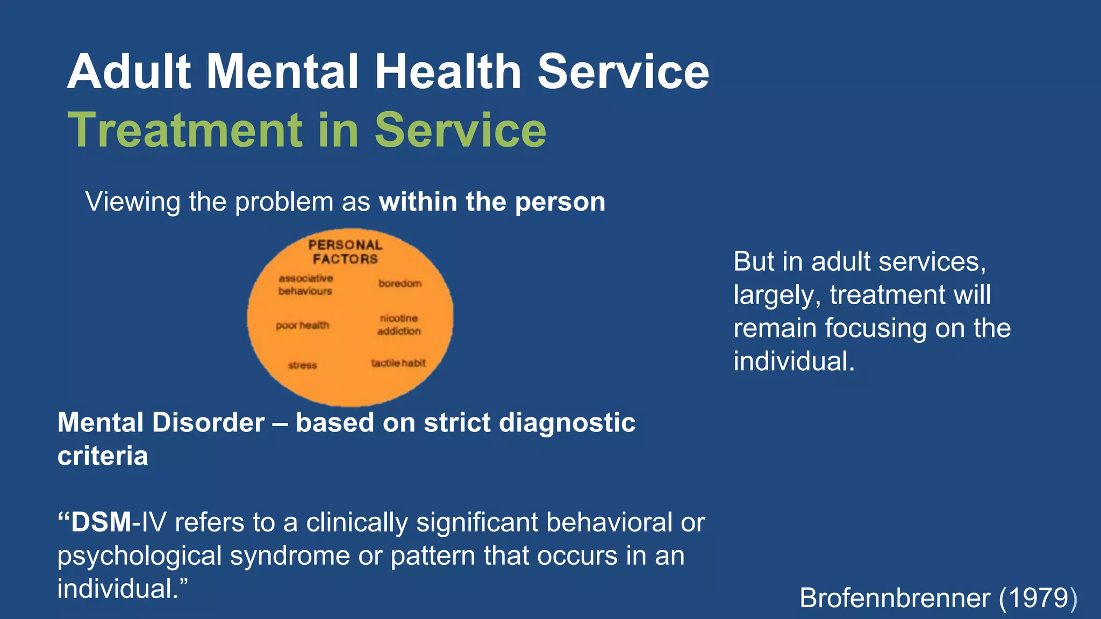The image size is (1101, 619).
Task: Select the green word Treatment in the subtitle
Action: (x=185, y=130)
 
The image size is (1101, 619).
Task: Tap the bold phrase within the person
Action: (x=492, y=202)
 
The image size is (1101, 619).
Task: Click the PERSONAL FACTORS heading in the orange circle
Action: (x=345, y=252)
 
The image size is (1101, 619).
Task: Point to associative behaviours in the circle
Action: (x=305, y=285)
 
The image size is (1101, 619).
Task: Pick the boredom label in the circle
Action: (x=400, y=283)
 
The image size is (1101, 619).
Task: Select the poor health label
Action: (x=302, y=326)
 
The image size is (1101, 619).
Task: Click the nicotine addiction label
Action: (x=399, y=325)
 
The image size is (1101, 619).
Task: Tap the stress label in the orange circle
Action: (x=303, y=365)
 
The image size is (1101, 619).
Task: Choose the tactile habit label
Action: (x=398, y=363)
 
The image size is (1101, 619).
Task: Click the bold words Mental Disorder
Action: (x=161, y=423)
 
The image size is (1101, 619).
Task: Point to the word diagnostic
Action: (x=567, y=423)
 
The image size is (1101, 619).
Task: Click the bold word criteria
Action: (x=103, y=456)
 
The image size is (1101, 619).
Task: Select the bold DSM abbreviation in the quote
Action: (x=101, y=522)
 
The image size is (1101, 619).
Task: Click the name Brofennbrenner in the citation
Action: (x=895, y=598)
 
